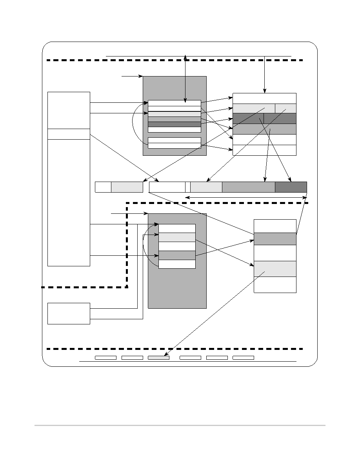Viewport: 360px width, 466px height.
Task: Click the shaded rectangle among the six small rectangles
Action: pyautogui.click(x=158, y=357)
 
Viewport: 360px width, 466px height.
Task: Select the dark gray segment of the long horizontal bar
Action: pyautogui.click(x=291, y=187)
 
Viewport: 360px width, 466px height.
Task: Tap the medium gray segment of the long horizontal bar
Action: pyautogui.click(x=248, y=187)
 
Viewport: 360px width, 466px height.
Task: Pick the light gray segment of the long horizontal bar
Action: pyautogui.click(x=206, y=187)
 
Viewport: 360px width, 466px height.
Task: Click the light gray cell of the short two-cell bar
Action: pyautogui.click(x=127, y=187)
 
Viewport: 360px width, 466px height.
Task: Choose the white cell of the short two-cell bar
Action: pyautogui.click(x=103, y=187)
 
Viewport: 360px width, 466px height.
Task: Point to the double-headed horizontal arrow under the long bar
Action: pyautogui.click(x=246, y=197)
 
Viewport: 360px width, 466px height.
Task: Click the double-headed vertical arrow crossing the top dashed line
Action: pyautogui.click(x=185, y=78)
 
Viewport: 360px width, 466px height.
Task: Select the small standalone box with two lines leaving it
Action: pyautogui.click(x=69, y=313)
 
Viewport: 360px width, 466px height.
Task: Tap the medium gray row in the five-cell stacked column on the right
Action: pyautogui.click(x=275, y=238)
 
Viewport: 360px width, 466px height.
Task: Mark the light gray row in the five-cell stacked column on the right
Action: pyautogui.click(x=275, y=269)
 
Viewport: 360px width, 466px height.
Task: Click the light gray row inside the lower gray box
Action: pyautogui.click(x=177, y=237)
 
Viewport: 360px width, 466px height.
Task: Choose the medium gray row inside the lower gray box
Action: pyautogui.click(x=177, y=255)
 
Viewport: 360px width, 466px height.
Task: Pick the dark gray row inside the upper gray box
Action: pyautogui.click(x=175, y=124)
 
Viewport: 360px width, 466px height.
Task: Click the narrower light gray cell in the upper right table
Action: pyautogui.click(x=285, y=108)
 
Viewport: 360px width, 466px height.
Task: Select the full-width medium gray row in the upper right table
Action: pyautogui.click(x=264, y=129)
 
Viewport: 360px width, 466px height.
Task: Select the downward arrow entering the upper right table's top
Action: pyautogui.click(x=265, y=75)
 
